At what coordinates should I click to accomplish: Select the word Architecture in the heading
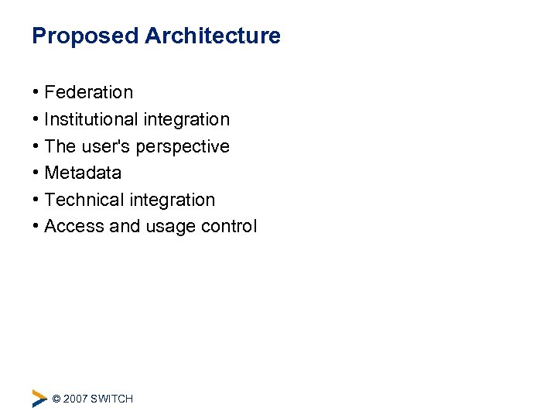pos(213,36)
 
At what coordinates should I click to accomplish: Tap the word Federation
pos(88,93)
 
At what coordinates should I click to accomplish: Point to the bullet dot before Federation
pos(36,93)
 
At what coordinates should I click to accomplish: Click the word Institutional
pos(91,119)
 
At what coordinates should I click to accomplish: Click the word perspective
pos(183,147)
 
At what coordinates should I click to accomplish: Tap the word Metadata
pos(83,173)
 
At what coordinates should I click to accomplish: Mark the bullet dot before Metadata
pos(36,173)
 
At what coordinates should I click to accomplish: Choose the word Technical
pos(84,200)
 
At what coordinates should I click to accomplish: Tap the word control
pos(229,227)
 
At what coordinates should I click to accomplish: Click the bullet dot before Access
pos(36,227)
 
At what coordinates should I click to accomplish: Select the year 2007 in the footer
pos(75,399)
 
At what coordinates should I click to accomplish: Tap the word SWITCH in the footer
pos(111,399)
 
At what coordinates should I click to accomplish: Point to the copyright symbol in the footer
pos(56,399)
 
